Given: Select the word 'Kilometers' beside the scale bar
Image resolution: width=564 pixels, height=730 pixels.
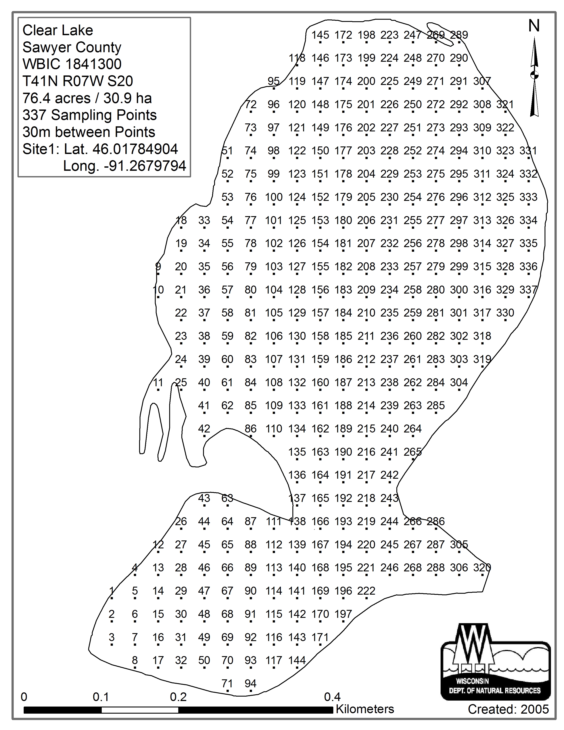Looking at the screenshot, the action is click(365, 709).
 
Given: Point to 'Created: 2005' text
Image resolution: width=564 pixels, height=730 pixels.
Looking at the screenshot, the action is click(508, 709).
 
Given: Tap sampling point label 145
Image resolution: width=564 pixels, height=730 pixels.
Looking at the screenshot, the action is click(320, 35).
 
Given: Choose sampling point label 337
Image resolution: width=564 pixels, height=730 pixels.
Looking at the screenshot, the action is click(528, 290).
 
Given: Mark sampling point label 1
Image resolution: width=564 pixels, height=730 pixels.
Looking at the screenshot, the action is click(112, 591).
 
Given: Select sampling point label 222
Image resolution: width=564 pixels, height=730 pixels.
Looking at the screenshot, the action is click(366, 591).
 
